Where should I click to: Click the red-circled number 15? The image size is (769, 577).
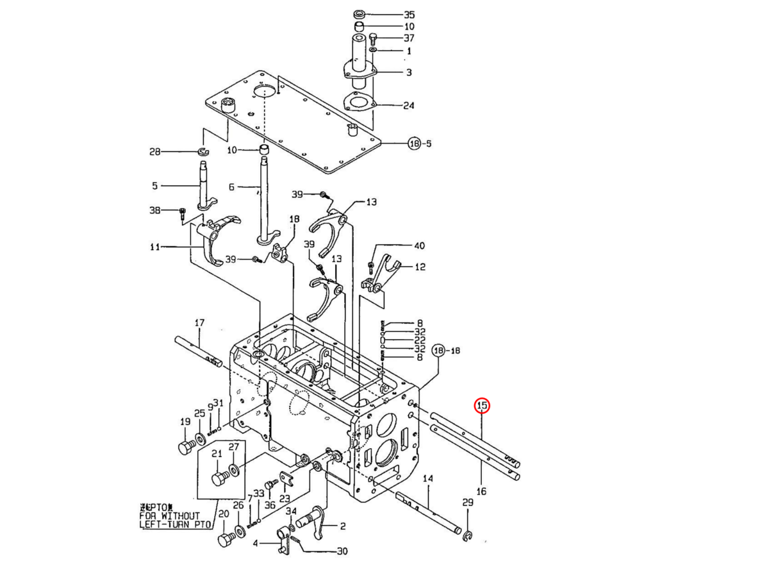[x=481, y=406]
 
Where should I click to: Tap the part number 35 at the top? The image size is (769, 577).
[x=409, y=14]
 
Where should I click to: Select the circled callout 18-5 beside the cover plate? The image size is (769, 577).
[x=420, y=144]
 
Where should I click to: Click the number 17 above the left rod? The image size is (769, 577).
[x=199, y=322]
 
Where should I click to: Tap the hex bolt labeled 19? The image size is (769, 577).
[x=186, y=447]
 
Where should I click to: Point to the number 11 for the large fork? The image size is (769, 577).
[x=154, y=246]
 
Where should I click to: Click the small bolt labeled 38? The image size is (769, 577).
[x=182, y=212]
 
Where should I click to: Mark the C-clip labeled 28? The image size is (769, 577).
[x=203, y=151]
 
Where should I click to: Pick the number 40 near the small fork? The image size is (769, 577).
[x=419, y=246]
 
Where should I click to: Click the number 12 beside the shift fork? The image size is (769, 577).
[x=420, y=267]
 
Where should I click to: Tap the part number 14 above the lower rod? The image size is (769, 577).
[x=428, y=478]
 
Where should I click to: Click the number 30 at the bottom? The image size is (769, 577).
[x=342, y=551]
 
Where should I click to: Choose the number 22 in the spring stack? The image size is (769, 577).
[x=420, y=340]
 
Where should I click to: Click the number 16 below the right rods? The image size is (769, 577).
[x=481, y=491]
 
